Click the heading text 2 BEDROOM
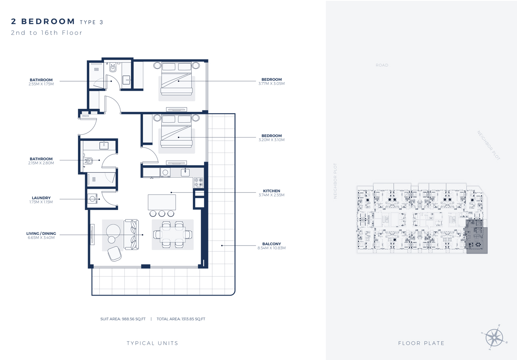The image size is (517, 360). tap(43, 21)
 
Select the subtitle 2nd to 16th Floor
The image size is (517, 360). tap(46, 33)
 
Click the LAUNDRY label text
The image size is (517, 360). tap(41, 198)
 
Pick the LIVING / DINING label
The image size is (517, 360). tap(41, 233)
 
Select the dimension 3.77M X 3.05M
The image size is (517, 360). tap(272, 84)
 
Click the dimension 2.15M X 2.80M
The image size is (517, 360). tap(41, 163)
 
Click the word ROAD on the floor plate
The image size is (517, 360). tap(382, 65)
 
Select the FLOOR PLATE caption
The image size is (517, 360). tap(421, 343)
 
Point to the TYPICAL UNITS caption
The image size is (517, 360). tap(152, 343)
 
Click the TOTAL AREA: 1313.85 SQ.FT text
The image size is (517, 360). tap(180, 319)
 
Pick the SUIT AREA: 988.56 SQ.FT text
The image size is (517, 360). tap(123, 319)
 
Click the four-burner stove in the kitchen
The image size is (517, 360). tap(198, 182)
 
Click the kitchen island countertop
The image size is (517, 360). tap(161, 202)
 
